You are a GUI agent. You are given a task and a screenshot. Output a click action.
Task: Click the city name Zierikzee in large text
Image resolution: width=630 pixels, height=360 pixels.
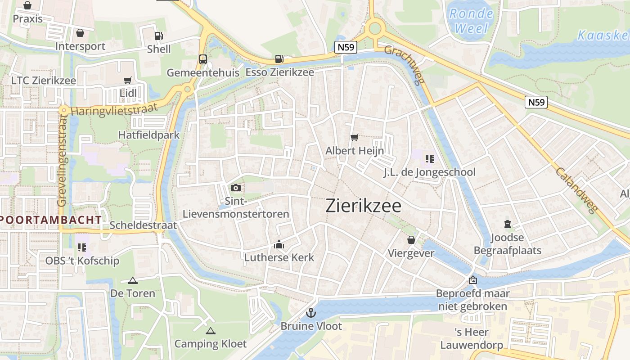coord(363,206)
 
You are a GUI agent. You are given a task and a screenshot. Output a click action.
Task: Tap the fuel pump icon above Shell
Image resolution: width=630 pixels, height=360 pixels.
coord(158,36)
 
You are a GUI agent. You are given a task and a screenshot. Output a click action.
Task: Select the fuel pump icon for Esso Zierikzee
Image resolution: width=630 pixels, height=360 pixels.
coord(279,59)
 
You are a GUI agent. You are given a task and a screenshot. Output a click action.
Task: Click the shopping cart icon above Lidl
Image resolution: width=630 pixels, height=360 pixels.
coord(128,80)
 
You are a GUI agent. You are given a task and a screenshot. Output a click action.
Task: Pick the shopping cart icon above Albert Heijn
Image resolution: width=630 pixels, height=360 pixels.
coord(355,137)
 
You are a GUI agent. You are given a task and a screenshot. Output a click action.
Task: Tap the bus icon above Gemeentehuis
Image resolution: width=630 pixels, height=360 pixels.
coord(203,59)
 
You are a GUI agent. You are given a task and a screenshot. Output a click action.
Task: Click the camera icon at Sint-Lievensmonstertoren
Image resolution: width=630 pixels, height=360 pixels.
coord(236,188)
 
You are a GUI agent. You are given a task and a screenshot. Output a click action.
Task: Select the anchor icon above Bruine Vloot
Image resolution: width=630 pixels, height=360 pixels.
coord(311,312)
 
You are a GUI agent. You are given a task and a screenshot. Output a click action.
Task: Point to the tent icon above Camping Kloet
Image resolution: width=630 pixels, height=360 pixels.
coord(210,331)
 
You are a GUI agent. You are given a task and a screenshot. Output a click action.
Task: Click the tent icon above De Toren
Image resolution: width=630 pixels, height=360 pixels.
coord(132,280)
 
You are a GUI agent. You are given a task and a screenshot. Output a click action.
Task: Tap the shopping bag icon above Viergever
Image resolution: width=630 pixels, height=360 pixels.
coord(411,239)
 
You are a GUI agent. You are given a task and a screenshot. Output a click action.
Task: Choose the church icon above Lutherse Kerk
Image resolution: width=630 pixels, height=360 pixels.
coord(279,244)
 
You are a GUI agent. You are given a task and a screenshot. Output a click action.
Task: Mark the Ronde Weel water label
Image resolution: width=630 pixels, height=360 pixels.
coord(471,21)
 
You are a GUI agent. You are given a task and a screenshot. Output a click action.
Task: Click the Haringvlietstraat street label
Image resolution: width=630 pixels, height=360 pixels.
coord(114,109)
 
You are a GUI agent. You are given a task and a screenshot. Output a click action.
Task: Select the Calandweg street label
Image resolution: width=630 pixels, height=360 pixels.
coord(576,189)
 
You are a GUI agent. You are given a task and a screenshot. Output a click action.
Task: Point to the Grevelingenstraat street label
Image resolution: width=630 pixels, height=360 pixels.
coord(62,160)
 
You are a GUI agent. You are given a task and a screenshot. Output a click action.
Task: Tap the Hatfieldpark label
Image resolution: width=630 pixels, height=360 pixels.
coord(148,135)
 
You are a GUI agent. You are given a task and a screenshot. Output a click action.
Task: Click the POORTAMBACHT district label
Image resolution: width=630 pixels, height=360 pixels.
coord(51,220)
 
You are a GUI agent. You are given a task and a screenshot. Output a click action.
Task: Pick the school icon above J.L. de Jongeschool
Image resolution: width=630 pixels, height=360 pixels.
coord(429,158)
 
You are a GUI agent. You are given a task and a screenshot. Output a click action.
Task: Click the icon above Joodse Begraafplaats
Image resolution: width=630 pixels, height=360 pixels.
coord(508,224)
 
